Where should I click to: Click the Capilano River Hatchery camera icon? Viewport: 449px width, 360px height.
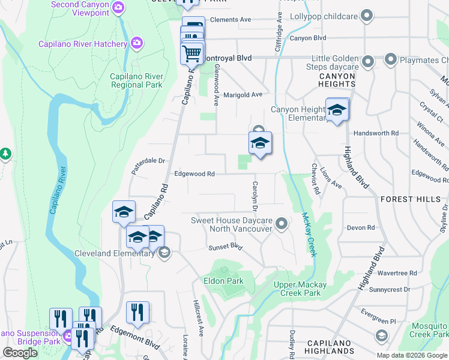pyautogui.click(x=137, y=43)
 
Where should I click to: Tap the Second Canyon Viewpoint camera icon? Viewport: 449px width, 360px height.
pyautogui.click(x=119, y=7)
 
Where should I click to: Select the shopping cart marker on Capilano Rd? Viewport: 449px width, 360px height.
pyautogui.click(x=192, y=53)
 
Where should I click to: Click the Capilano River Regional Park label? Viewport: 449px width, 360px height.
pyautogui.click(x=136, y=80)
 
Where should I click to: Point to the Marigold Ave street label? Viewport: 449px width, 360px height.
pyautogui.click(x=243, y=95)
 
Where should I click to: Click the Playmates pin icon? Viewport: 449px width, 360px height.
pyautogui.click(x=391, y=60)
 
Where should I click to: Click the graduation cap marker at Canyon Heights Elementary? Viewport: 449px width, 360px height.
pyautogui.click(x=337, y=110)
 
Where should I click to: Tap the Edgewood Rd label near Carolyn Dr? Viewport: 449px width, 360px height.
pyautogui.click(x=194, y=174)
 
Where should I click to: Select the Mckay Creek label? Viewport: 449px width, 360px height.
pyautogui.click(x=309, y=235)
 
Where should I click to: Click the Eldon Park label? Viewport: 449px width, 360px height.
pyautogui.click(x=223, y=281)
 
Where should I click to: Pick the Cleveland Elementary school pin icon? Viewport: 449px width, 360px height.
pyautogui.click(x=164, y=253)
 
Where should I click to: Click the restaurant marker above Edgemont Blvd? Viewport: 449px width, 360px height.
pyautogui.click(x=137, y=313)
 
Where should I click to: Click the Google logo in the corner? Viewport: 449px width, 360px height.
pyautogui.click(x=20, y=353)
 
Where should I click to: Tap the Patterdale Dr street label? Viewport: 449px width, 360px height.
pyautogui.click(x=148, y=161)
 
